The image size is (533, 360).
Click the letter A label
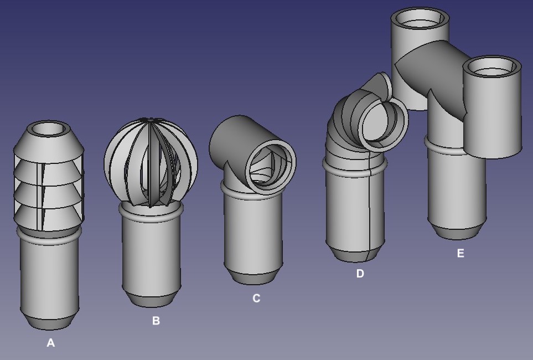coord(51,343)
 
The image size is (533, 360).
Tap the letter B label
coord(156,321)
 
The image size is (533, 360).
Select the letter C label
coord(257,299)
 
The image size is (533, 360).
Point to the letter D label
coord(360,274)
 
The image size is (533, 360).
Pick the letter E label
coord(460,253)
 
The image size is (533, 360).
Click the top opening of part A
coord(49,129)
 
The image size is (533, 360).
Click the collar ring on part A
coord(49,235)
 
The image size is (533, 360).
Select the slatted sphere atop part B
coord(151,162)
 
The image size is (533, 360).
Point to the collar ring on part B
coord(151,212)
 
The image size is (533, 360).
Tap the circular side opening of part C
coord(271,164)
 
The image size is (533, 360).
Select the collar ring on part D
coord(355,167)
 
